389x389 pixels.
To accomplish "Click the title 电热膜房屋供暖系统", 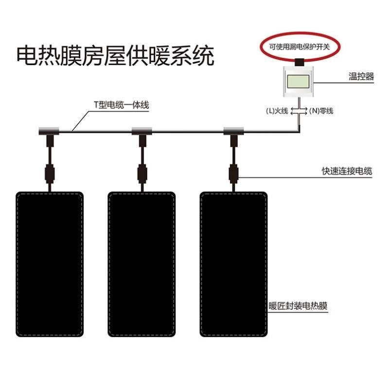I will [115, 56].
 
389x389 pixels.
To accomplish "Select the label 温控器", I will [361, 76].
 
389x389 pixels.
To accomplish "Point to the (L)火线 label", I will [277, 111].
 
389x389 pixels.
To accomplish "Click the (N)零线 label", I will [321, 111].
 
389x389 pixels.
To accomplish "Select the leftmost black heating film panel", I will [49, 264].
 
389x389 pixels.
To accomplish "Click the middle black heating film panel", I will [141, 264].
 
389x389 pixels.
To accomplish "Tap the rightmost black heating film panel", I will [234, 264].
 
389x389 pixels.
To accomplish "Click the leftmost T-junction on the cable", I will [49, 131].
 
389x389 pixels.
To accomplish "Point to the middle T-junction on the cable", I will [141, 131].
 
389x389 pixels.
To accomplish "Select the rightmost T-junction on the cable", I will [233, 131].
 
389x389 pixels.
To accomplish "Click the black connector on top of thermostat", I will [299, 62].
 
